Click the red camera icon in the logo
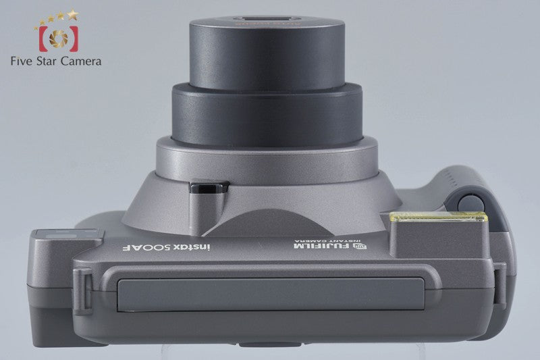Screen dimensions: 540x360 coord(59,38)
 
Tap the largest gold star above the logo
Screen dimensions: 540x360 coord(73,14)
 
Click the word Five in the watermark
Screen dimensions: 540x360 coord(22,61)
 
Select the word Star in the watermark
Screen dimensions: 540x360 coord(47,61)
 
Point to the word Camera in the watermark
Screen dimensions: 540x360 coord(81,61)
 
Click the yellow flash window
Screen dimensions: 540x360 coord(438,217)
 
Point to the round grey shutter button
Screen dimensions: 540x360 coord(470,204)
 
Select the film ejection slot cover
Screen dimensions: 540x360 coord(271,294)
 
